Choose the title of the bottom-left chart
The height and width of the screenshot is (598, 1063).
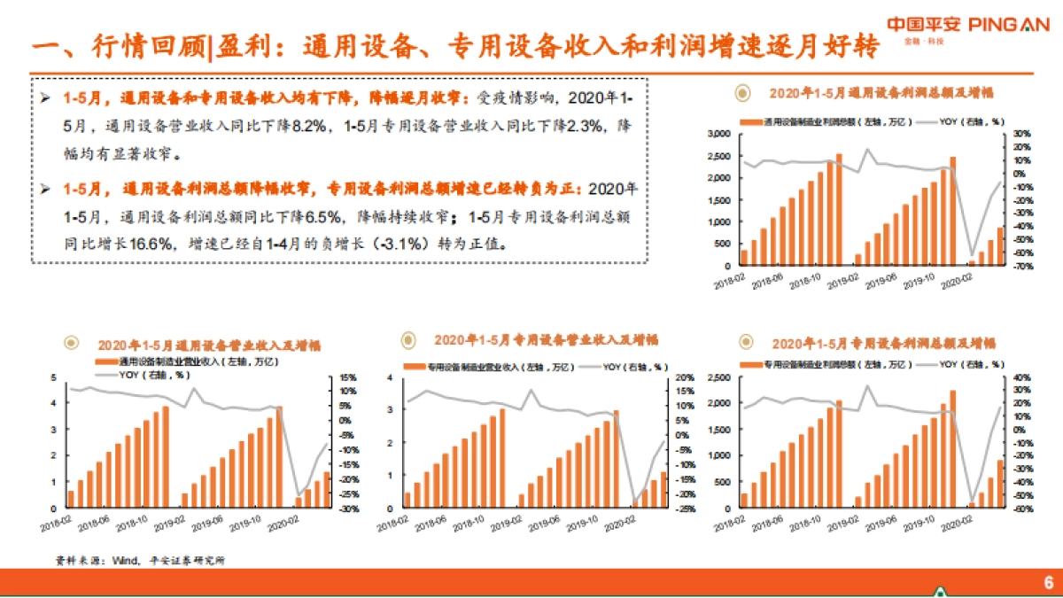click(x=209, y=345)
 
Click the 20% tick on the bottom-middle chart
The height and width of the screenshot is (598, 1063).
click(x=683, y=377)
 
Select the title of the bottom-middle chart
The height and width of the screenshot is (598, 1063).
click(x=546, y=339)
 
